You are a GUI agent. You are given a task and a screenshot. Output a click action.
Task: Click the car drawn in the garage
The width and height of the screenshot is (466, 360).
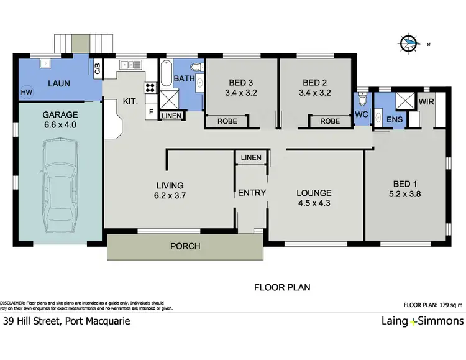tap(60, 185)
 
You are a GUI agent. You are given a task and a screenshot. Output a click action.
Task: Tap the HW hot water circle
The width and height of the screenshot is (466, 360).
tap(27, 92)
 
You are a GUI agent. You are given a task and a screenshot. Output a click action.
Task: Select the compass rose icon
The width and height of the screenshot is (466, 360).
tap(409, 44)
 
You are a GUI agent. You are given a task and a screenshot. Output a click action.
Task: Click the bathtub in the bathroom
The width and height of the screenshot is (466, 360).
tap(167, 73)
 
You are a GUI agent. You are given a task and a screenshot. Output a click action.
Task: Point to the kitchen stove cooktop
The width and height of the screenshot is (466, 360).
tap(150, 88)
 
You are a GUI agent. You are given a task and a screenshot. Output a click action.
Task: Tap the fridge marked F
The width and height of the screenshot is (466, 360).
tap(151, 112)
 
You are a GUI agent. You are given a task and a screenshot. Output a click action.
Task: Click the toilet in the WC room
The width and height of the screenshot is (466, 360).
tap(362, 99)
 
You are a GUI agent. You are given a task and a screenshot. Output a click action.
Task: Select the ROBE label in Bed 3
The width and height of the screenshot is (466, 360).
tap(227, 121)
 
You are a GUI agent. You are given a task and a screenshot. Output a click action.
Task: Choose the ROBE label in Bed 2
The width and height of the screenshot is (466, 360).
tap(330, 121)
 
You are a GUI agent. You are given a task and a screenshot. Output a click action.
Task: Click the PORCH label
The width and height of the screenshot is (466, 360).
tap(185, 246)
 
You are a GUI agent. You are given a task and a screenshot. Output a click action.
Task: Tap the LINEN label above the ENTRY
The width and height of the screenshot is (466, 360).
tap(251, 157)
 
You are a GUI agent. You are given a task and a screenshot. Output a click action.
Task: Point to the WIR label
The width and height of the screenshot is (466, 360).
tap(426, 102)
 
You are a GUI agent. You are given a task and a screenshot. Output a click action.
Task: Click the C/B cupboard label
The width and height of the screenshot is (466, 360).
tap(98, 69)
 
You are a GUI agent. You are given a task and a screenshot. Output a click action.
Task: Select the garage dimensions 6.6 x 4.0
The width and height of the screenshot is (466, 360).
tap(60, 124)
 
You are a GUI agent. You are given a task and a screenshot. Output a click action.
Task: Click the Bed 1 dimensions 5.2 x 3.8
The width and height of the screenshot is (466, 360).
tap(404, 194)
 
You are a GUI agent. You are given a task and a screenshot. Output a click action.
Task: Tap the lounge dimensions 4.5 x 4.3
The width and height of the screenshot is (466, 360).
tap(314, 203)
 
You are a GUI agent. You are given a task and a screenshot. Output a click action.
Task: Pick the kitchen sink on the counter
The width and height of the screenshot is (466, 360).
tap(130, 65)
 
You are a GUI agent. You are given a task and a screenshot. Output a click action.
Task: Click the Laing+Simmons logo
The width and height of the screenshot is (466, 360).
tap(423, 321)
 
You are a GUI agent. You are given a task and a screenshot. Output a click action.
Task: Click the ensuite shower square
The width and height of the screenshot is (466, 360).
tap(404, 100)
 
